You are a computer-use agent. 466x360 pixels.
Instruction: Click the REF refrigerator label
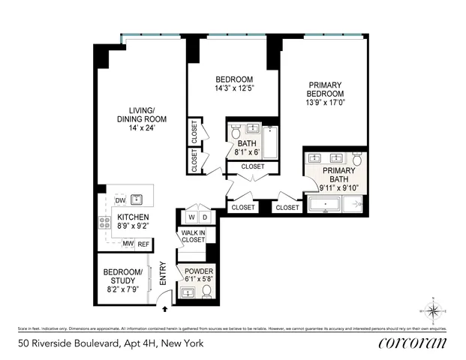coord(143,244)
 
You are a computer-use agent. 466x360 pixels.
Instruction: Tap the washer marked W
coord(191,217)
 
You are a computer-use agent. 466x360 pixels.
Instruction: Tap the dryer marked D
coord(206,217)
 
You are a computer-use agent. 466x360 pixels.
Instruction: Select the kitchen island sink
coord(137,199)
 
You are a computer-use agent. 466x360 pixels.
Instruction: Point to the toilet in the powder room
coord(206,290)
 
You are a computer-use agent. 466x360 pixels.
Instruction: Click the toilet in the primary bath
coord(357,160)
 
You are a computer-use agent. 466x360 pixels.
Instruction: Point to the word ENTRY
coord(162,275)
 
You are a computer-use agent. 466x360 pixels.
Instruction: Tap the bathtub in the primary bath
coord(335,204)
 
